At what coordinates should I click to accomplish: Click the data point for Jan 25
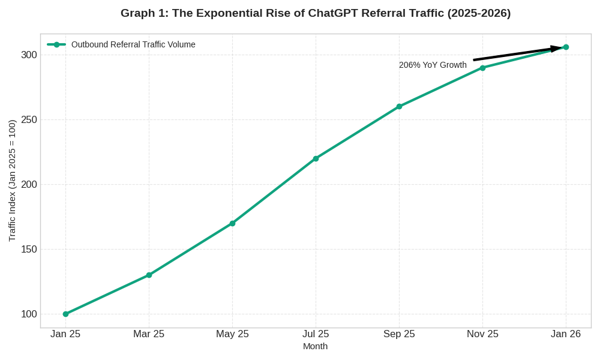[65, 314]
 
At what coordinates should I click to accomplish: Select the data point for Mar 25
[149, 275]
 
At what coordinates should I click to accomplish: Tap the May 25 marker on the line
[232, 223]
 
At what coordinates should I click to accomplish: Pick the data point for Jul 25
[316, 158]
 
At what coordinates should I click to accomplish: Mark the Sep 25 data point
[399, 106]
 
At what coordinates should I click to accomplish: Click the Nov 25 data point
[482, 68]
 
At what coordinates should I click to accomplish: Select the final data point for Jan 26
[566, 47]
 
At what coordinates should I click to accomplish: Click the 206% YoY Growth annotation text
[433, 65]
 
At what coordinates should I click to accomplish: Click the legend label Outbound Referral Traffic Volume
[133, 44]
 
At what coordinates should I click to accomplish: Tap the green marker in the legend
[56, 44]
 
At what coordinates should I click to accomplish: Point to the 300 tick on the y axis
[29, 55]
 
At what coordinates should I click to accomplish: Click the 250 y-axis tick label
[29, 119]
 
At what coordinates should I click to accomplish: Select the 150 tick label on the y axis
[29, 249]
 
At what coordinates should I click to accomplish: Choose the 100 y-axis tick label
[29, 314]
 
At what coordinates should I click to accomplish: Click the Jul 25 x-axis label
[316, 334]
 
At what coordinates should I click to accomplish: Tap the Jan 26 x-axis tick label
[566, 334]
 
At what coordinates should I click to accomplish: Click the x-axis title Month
[315, 346]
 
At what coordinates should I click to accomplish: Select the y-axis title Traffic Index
[12, 181]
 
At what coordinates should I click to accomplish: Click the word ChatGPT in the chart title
[333, 13]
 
